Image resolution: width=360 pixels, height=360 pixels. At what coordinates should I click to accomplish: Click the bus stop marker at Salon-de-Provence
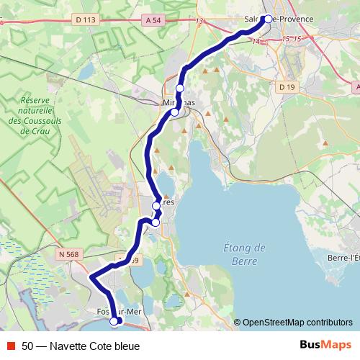coord(268,19)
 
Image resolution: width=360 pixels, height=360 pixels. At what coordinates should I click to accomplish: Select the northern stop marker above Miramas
coord(180,88)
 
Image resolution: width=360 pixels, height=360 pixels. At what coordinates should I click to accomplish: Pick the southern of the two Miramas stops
coord(174,112)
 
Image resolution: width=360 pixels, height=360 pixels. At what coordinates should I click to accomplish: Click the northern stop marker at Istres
coord(156,207)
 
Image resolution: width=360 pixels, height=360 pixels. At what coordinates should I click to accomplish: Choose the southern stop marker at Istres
coord(155,222)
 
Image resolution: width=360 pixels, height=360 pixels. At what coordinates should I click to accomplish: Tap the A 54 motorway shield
coord(152,22)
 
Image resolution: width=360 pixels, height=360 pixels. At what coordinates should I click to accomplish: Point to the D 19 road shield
coord(285,86)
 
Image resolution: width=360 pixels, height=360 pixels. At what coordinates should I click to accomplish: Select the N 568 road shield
coord(68,253)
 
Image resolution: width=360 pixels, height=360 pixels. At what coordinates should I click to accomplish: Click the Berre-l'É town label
coord(343,258)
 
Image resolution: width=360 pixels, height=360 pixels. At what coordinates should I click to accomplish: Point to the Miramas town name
coord(179,104)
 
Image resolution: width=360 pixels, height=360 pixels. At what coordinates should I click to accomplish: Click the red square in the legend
coord(11,345)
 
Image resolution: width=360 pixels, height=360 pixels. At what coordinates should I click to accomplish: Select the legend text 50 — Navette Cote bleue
coord(81,345)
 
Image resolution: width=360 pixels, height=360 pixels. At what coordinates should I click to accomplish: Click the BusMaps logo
coord(325,344)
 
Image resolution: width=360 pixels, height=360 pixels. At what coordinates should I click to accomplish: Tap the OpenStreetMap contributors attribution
coord(297,323)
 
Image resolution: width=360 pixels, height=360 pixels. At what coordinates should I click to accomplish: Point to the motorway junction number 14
coord(255,42)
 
